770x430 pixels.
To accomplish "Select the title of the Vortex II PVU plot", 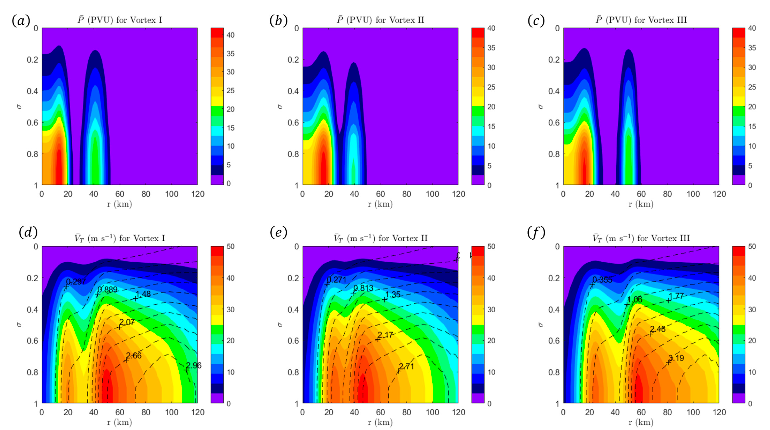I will click(x=380, y=20).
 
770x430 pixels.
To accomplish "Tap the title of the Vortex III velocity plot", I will click(x=641, y=238).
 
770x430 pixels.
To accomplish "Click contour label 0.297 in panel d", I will click(x=76, y=281).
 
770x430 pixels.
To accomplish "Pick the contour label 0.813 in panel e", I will click(x=363, y=288).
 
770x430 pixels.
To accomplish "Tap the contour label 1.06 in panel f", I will click(x=634, y=299).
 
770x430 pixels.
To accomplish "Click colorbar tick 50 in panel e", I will click(x=491, y=246).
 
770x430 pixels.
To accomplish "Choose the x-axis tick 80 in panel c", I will click(x=667, y=194).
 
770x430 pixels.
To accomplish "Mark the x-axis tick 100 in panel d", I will click(x=172, y=412).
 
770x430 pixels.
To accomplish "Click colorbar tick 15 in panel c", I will click(x=752, y=126).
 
